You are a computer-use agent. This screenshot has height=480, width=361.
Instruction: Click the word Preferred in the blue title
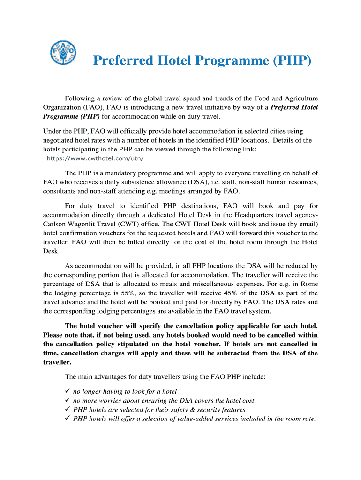123,61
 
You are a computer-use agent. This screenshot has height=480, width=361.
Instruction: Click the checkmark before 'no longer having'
67,391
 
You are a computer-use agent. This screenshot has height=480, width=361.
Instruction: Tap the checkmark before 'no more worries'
67,400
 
